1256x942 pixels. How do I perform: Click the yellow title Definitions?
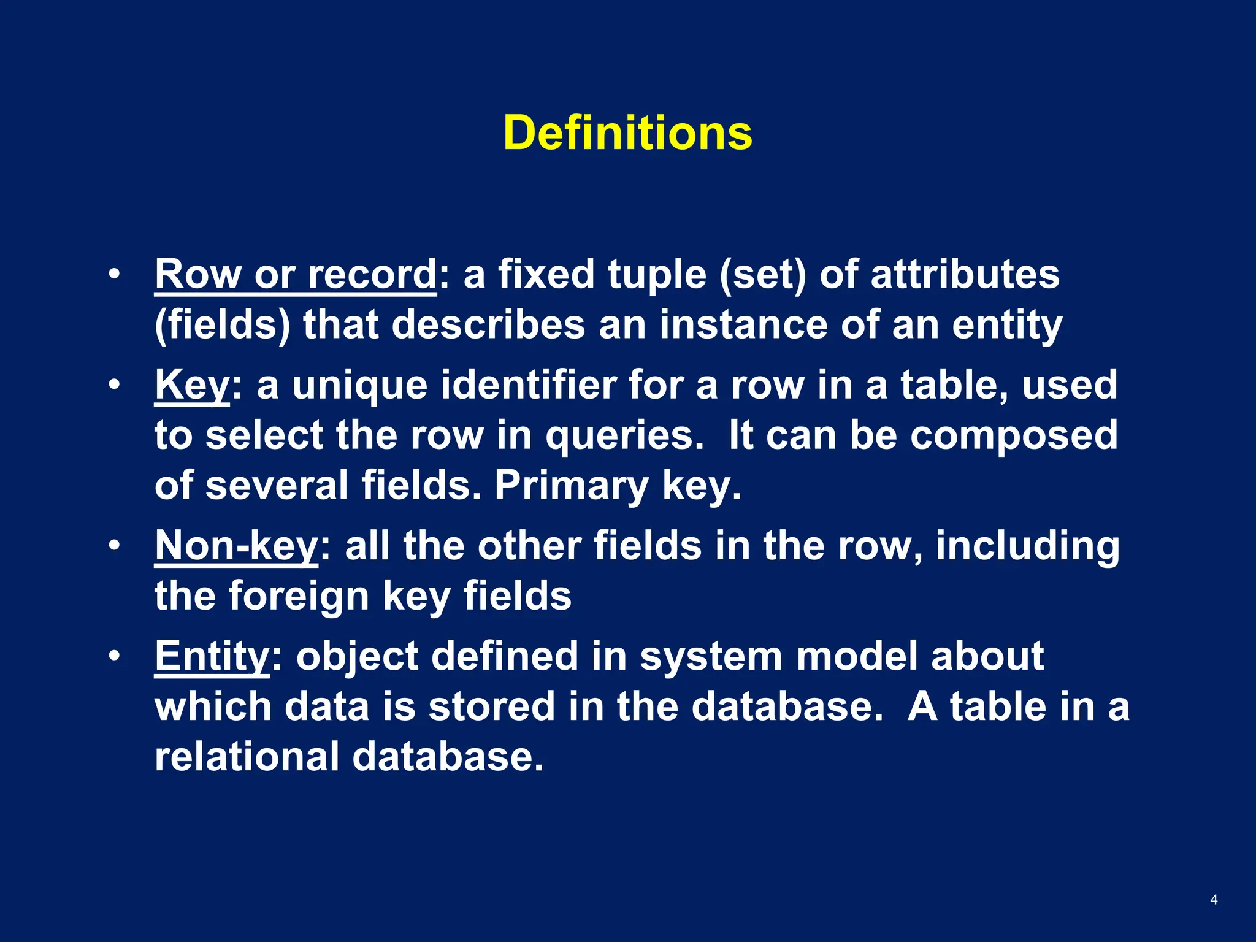[x=627, y=132]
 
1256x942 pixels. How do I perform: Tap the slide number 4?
[x=1214, y=900]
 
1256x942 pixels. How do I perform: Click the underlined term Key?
[x=192, y=385]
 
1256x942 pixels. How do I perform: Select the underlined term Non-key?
[x=237, y=545]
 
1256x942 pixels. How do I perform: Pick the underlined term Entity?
[x=212, y=656]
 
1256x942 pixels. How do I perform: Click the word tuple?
[x=657, y=274]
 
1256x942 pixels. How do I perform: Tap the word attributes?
[x=965, y=274]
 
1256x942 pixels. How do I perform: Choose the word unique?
[x=359, y=385]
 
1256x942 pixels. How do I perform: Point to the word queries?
[x=624, y=436]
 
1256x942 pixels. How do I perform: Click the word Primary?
[x=572, y=486]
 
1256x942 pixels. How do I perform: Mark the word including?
[x=1027, y=545]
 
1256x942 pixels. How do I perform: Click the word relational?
[x=247, y=756]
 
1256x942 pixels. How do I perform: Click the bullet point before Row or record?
[x=114, y=274]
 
